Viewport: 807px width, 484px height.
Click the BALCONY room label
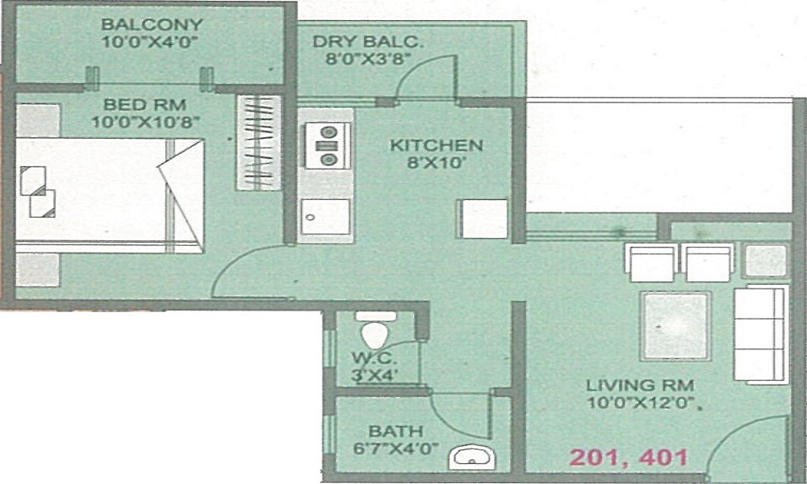[x=153, y=24]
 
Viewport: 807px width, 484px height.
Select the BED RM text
[x=145, y=105]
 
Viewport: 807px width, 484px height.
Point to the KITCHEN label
[x=436, y=146]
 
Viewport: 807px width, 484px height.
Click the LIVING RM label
[x=641, y=385]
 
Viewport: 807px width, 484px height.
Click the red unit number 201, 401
[x=629, y=457]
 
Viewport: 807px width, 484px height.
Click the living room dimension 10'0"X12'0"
[x=641, y=402]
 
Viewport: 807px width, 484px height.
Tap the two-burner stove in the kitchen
[x=328, y=145]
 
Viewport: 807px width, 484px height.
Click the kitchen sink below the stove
[x=326, y=215]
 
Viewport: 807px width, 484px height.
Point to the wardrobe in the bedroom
[x=258, y=143]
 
